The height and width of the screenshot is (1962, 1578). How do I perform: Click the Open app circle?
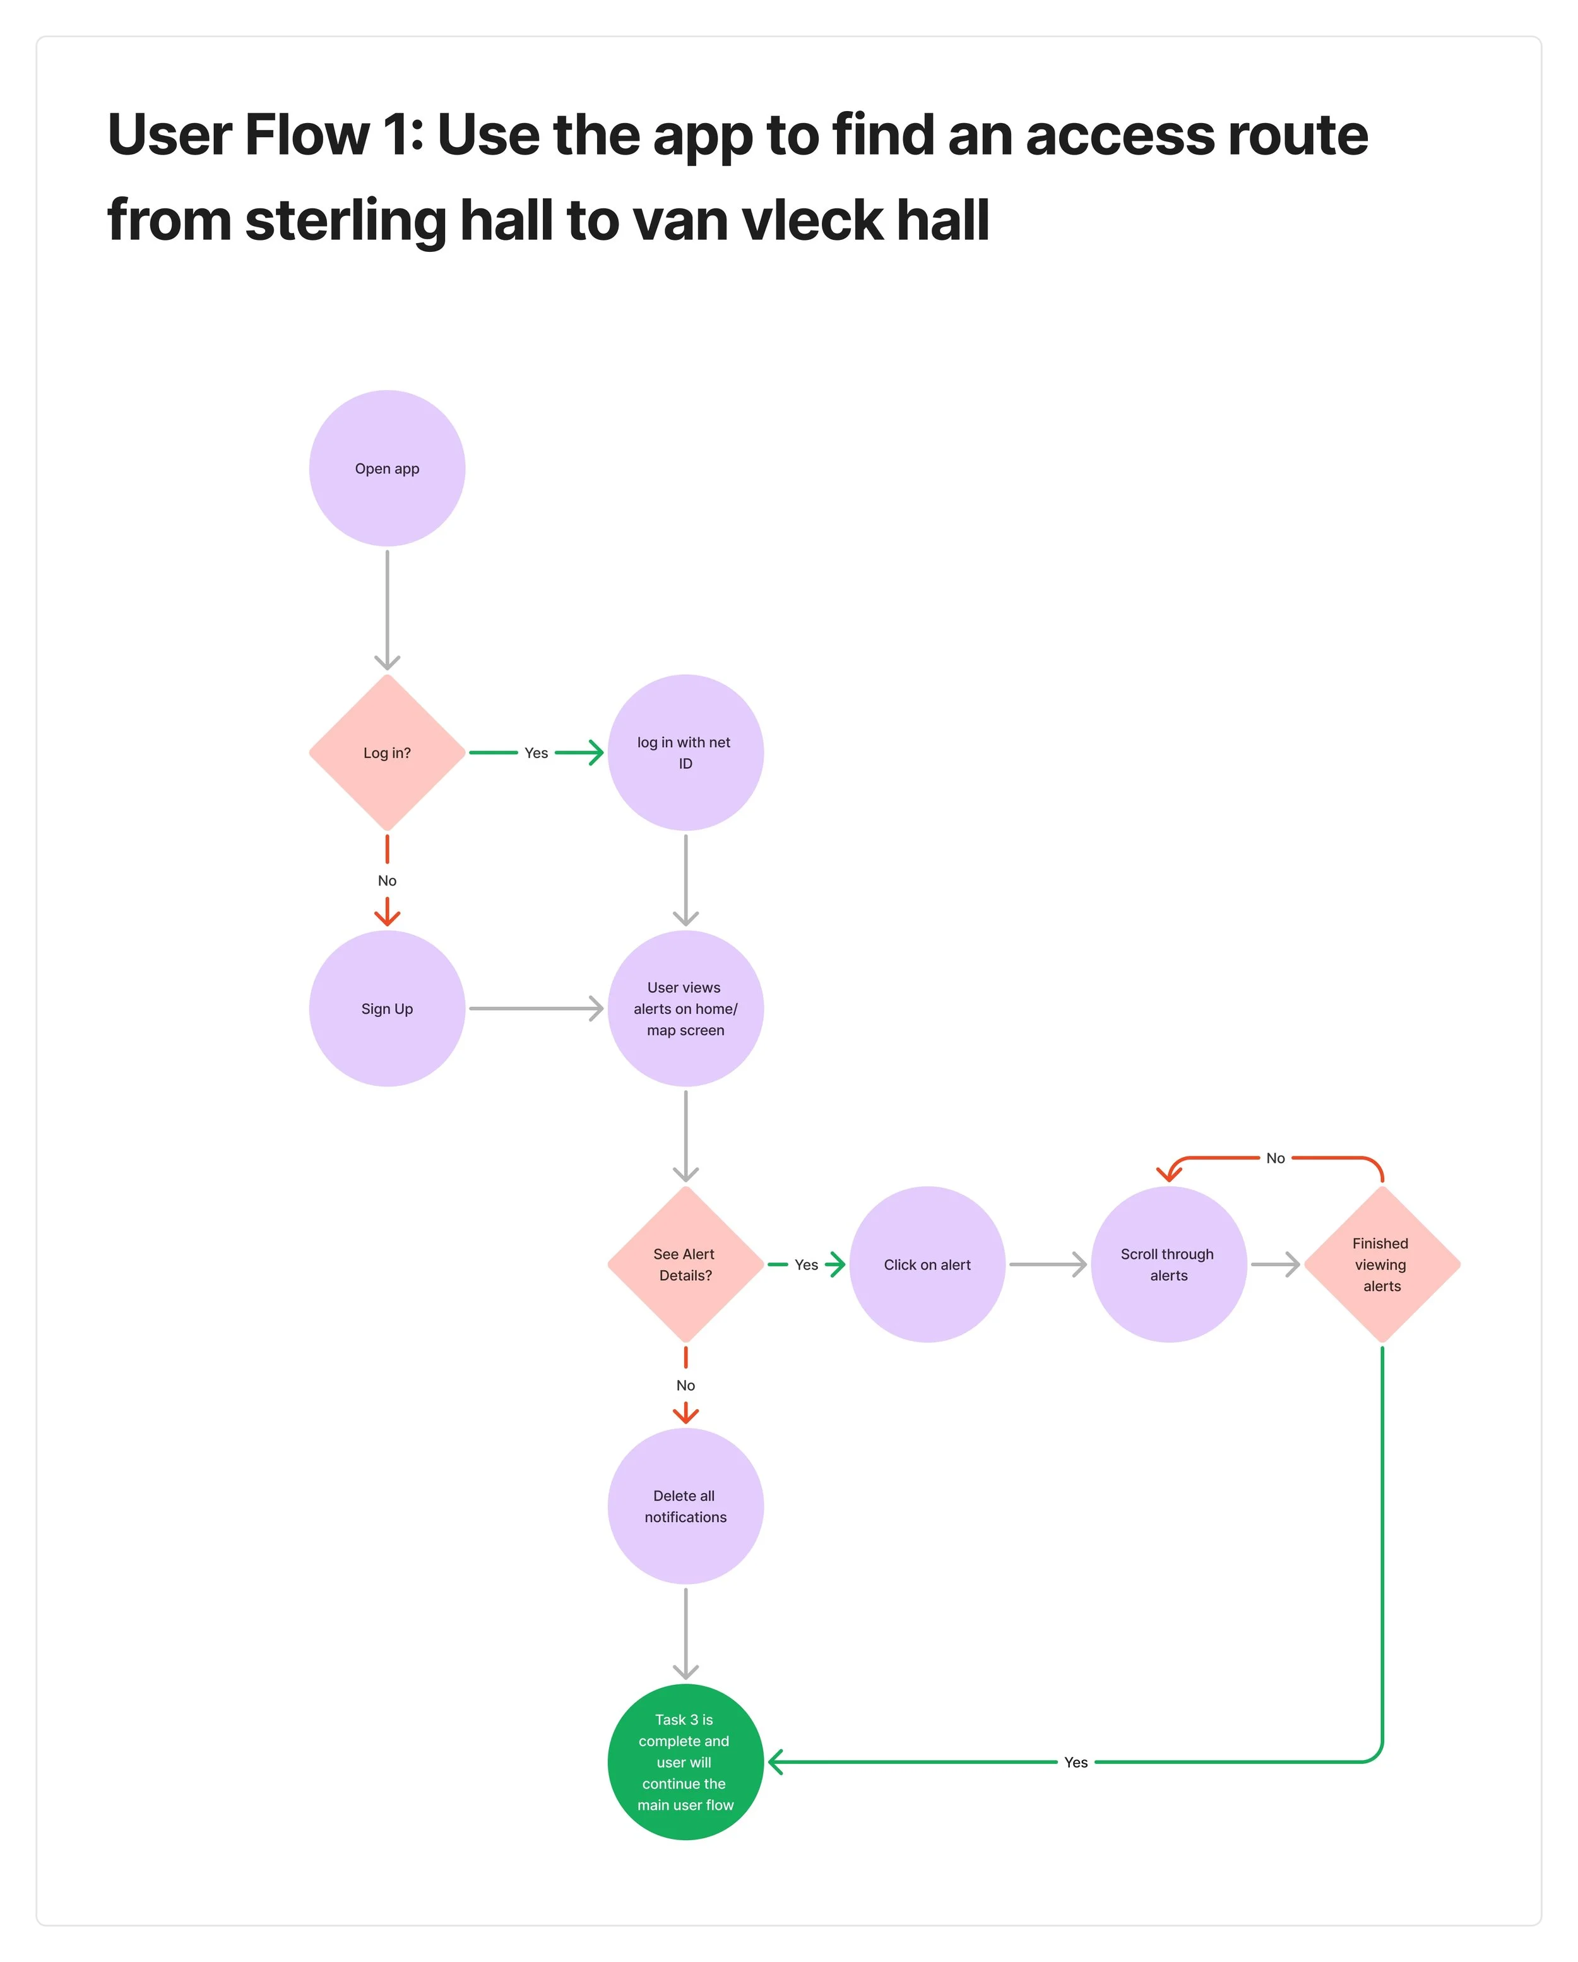(x=387, y=468)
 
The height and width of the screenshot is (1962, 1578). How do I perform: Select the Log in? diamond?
(x=387, y=752)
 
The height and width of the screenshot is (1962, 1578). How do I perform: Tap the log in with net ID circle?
(x=685, y=752)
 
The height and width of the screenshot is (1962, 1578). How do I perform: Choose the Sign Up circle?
(x=387, y=1008)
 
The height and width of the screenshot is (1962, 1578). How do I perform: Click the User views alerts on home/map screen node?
(x=685, y=1008)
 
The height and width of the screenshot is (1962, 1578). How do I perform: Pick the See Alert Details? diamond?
(x=685, y=1264)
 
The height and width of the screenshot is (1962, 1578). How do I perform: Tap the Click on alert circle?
(x=927, y=1264)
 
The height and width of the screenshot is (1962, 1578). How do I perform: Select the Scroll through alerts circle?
(x=1168, y=1264)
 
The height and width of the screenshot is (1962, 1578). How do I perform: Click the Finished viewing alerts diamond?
(x=1382, y=1264)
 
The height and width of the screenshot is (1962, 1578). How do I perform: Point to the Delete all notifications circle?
(x=685, y=1506)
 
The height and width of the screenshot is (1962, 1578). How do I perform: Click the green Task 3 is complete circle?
(x=685, y=1762)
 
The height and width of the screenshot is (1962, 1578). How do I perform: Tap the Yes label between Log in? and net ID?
(x=536, y=752)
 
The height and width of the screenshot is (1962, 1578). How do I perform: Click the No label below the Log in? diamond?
(x=387, y=881)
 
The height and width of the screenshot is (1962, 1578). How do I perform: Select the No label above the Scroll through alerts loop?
(x=1275, y=1158)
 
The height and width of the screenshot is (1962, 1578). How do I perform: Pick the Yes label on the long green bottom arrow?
(x=1076, y=1763)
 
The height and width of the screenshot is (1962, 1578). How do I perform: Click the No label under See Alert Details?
(x=685, y=1385)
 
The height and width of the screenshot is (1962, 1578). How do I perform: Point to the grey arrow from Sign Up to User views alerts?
(x=536, y=1008)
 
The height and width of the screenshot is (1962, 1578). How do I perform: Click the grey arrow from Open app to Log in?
(x=387, y=610)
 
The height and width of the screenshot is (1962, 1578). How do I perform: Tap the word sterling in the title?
(x=346, y=221)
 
